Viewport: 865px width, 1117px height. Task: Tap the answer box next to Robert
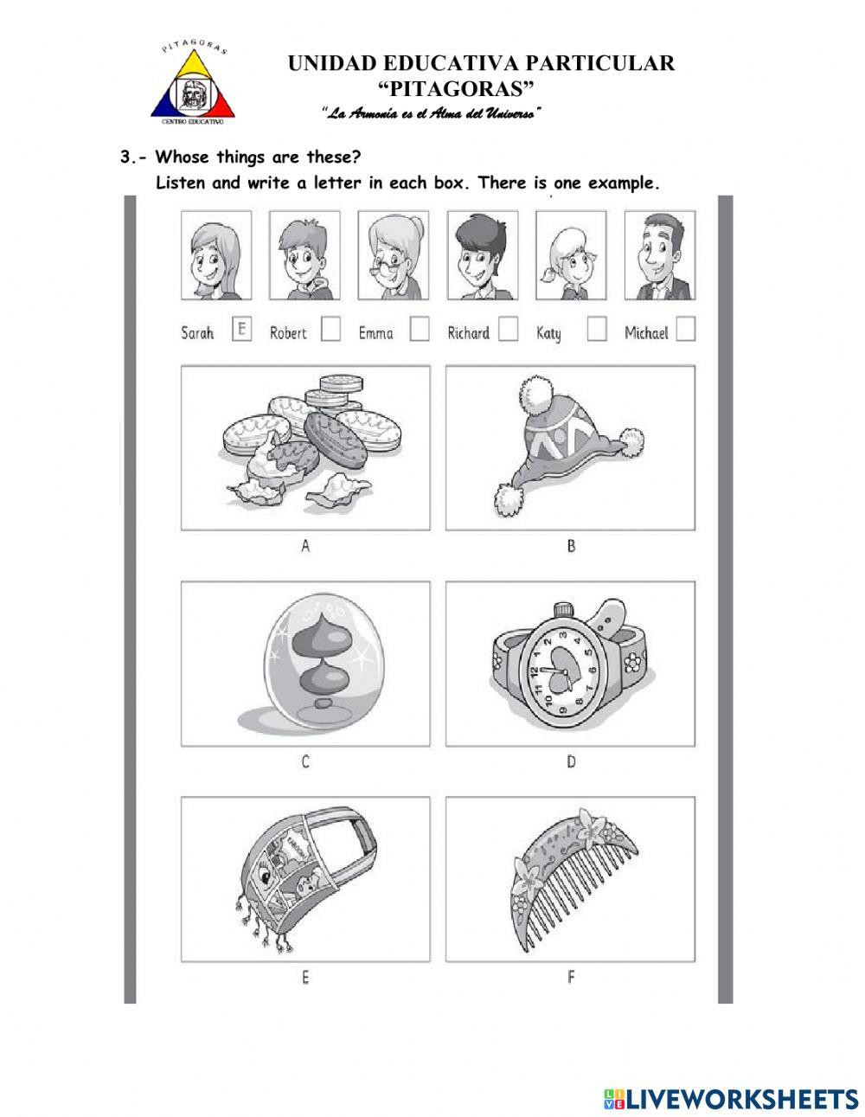pyautogui.click(x=330, y=331)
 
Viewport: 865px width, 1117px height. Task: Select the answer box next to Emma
pyautogui.click(x=420, y=331)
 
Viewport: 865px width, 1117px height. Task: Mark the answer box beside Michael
pyautogui.click(x=685, y=331)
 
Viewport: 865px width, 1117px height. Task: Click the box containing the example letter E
pyautogui.click(x=242, y=330)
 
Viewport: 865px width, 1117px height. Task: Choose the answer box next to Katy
pyautogui.click(x=596, y=331)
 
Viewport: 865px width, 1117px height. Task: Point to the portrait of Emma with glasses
pyautogui.click(x=394, y=255)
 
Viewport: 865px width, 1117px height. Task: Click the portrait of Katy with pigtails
pyautogui.click(x=570, y=255)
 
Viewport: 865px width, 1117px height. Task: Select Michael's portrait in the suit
pyautogui.click(x=659, y=255)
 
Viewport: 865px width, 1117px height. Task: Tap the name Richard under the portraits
pyautogui.click(x=468, y=333)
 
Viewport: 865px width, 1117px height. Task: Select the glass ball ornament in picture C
pyautogui.click(x=313, y=663)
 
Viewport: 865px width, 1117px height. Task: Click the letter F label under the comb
pyautogui.click(x=571, y=978)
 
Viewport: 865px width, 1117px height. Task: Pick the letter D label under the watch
pyautogui.click(x=571, y=762)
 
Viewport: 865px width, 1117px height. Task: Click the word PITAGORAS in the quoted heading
pyautogui.click(x=458, y=88)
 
